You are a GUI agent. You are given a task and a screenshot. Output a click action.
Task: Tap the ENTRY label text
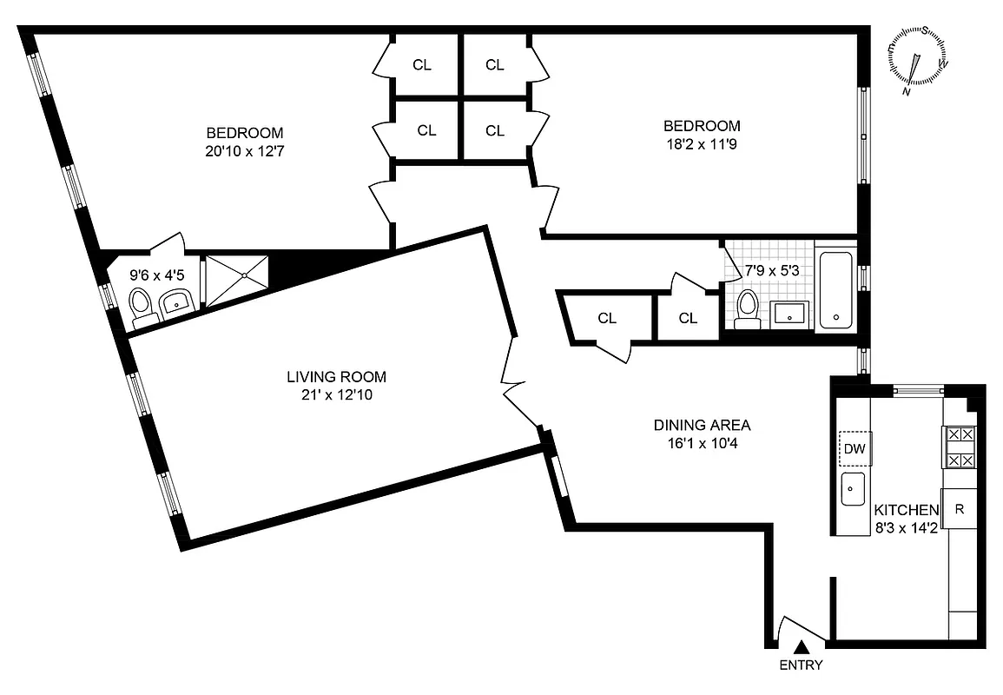click(x=801, y=666)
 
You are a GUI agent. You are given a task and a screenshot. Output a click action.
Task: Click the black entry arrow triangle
click(x=802, y=646)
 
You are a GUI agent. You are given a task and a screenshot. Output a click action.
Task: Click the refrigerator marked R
click(x=960, y=509)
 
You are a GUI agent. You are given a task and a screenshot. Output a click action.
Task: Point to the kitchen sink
click(x=853, y=490)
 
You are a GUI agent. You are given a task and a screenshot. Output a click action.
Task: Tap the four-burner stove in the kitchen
click(x=960, y=447)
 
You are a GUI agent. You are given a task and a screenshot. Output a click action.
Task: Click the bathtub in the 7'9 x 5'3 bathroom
click(x=835, y=289)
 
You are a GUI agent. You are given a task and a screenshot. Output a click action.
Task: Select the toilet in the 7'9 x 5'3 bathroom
click(x=747, y=309)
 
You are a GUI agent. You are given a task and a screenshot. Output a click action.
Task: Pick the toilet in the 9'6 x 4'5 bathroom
click(x=142, y=306)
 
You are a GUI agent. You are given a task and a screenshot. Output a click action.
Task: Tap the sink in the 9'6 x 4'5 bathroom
click(x=178, y=303)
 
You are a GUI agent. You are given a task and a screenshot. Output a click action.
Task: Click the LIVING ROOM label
click(x=336, y=377)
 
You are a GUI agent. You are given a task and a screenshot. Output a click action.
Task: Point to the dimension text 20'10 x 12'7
click(x=244, y=151)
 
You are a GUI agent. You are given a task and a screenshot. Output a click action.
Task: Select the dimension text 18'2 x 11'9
click(x=702, y=143)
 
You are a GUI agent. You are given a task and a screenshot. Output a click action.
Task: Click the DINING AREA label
click(x=702, y=425)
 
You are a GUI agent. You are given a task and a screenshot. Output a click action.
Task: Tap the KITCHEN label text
click(x=906, y=510)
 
